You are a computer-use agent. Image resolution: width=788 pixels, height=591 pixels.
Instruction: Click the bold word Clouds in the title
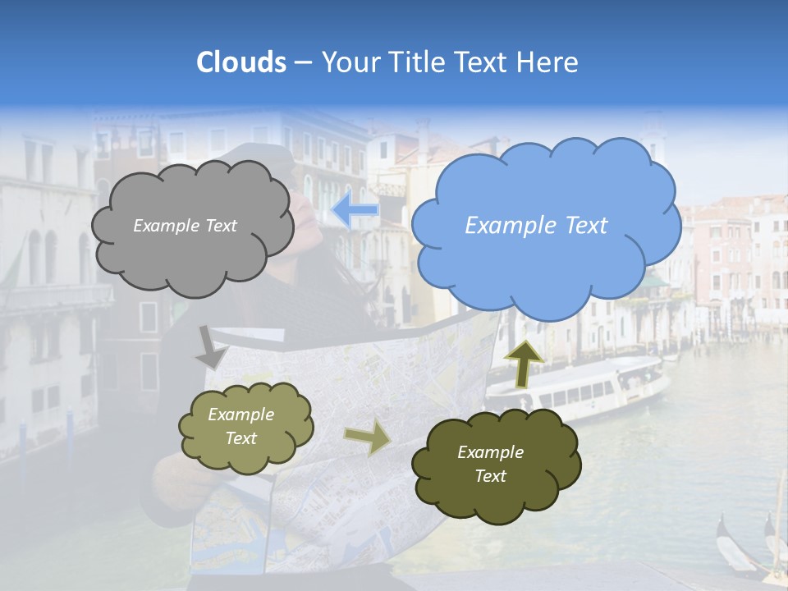241,62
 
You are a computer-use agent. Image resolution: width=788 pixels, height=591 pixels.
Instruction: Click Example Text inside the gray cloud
185,226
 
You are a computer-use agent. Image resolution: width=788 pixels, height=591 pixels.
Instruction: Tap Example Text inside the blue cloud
536,226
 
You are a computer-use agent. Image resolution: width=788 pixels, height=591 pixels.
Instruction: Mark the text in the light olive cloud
241,427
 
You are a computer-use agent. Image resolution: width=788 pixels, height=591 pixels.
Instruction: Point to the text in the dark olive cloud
490,464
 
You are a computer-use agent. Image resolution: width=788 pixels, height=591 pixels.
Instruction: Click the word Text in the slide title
484,62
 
